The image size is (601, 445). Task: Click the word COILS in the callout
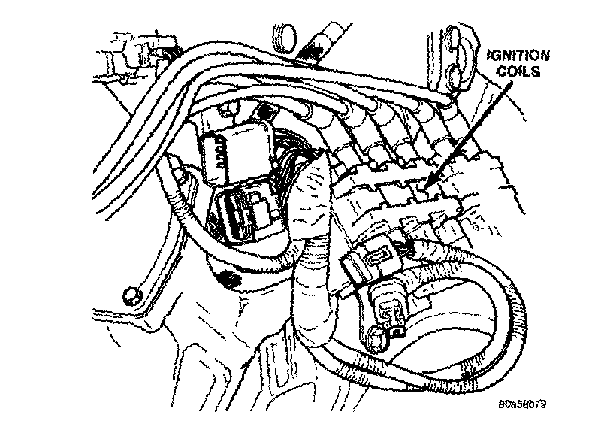[518, 71]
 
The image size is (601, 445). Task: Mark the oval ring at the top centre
[286, 37]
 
